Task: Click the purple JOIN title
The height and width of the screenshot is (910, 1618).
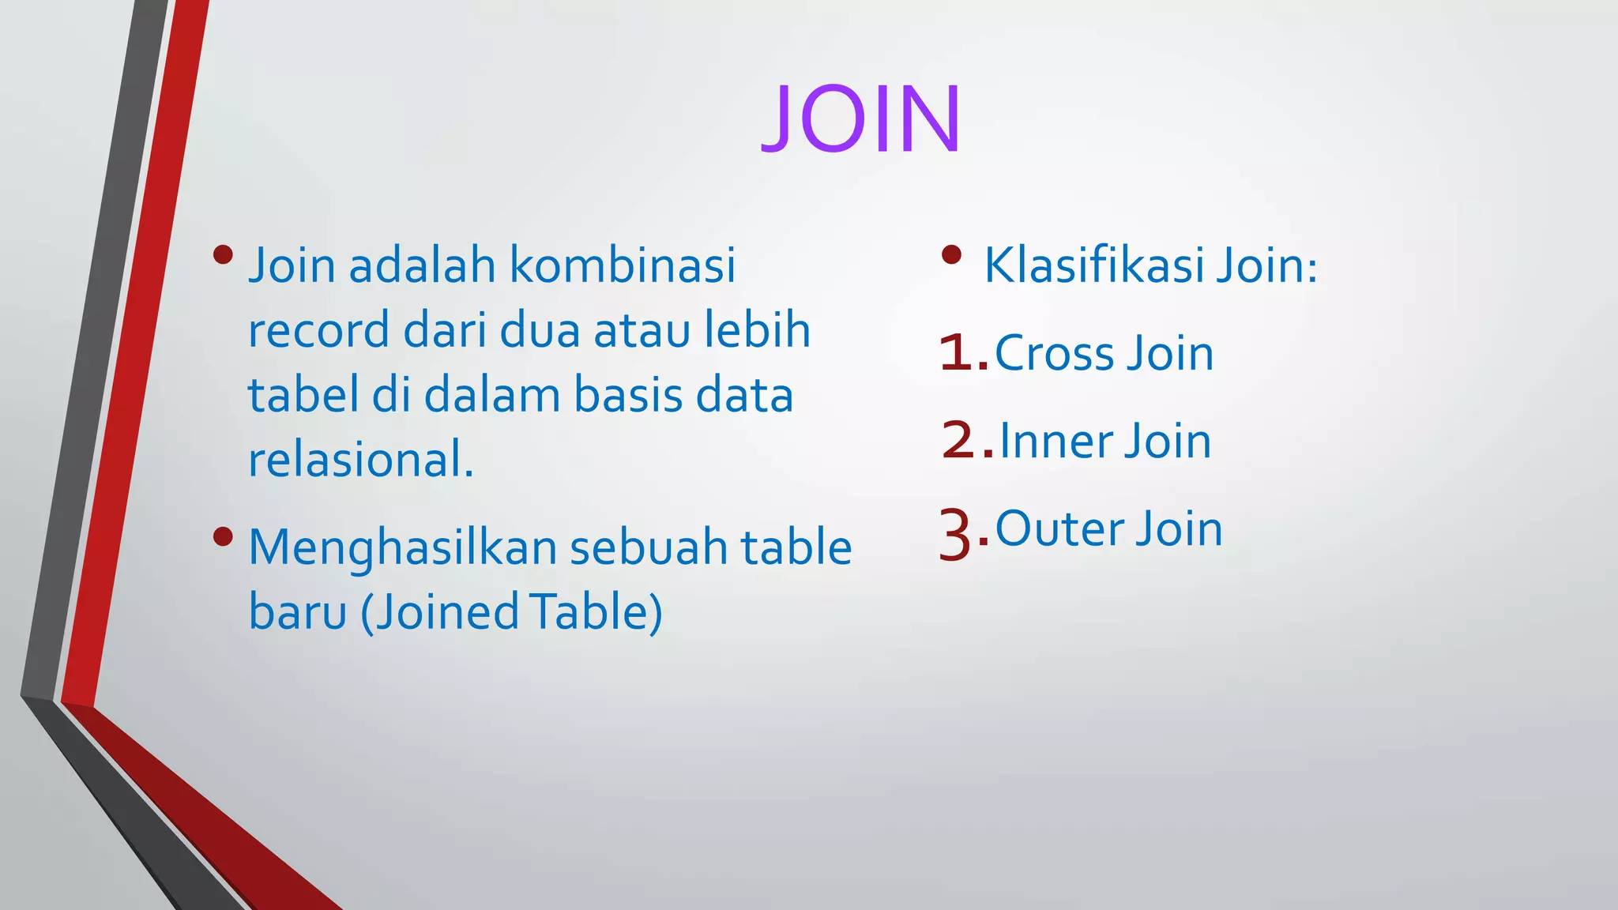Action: tap(861, 119)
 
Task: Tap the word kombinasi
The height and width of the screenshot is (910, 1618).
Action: tap(623, 265)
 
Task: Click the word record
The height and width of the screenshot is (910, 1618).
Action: tap(319, 329)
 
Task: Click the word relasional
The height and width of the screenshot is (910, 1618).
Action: tap(360, 459)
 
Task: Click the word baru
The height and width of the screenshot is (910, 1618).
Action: tap(298, 611)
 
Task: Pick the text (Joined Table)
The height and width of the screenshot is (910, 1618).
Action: tap(511, 611)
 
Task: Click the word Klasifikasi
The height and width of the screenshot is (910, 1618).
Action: tap(1093, 265)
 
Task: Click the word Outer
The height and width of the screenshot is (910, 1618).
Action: tap(1059, 528)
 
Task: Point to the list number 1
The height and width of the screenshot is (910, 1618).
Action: tap(957, 353)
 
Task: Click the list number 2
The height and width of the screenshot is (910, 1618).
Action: tap(959, 441)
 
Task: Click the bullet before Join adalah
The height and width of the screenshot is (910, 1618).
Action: tap(224, 254)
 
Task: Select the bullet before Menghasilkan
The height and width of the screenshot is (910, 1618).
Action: tap(224, 537)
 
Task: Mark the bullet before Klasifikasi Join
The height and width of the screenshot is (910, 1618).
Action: tap(952, 254)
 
